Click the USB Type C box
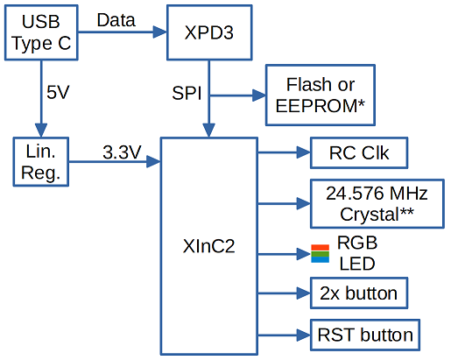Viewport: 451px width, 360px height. (41, 32)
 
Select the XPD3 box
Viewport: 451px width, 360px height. (209, 32)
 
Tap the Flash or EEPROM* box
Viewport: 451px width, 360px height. (321, 95)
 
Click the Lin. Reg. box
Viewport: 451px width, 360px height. (41, 161)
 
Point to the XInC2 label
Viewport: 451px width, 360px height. (208, 246)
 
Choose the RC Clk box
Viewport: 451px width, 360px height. (359, 152)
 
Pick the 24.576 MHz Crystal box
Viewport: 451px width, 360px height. (377, 203)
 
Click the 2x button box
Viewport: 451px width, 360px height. (359, 293)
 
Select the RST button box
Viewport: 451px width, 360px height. (365, 335)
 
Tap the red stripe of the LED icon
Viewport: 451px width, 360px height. (321, 248)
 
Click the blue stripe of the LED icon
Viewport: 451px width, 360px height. (321, 259)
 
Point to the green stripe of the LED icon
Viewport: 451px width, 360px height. (321, 254)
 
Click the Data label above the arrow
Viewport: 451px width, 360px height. (116, 20)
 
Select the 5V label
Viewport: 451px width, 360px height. (58, 92)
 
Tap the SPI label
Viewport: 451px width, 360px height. (187, 93)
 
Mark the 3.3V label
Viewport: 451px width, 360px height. (122, 152)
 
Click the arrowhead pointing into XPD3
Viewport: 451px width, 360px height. (160, 32)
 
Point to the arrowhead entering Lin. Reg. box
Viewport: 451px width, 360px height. (41, 131)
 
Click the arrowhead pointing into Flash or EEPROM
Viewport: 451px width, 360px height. (259, 95)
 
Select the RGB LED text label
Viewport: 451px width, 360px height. (357, 253)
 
